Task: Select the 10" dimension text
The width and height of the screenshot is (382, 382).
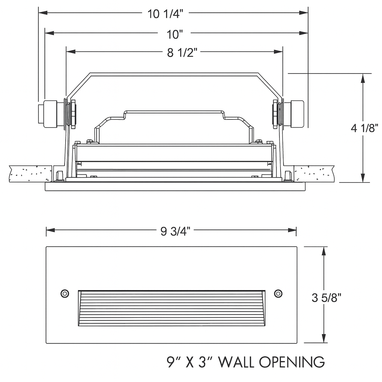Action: tap(175, 34)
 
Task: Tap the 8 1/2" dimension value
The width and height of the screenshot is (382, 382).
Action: tap(182, 53)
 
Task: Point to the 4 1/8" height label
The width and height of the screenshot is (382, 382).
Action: tap(364, 128)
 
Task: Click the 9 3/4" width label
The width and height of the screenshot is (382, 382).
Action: tap(175, 232)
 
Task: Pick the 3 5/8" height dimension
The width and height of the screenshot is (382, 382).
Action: tap(326, 297)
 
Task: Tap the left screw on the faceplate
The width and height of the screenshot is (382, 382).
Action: tap(65, 294)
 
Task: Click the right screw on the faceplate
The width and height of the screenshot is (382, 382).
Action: tap(278, 294)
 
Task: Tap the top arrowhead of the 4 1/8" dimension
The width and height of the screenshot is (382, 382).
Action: tap(362, 78)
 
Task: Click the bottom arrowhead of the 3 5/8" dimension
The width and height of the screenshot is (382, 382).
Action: tap(324, 338)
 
